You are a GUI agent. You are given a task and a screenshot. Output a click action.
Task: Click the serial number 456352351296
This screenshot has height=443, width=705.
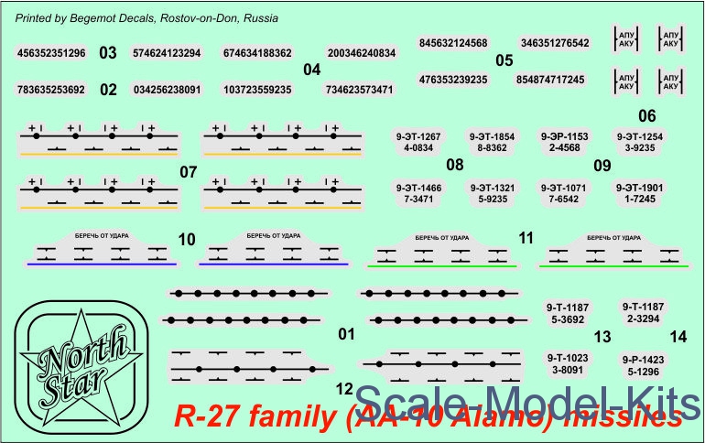[52, 53]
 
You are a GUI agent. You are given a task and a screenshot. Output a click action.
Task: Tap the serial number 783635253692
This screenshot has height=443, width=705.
[52, 90]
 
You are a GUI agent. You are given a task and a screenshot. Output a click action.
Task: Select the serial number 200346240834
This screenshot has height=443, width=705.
[361, 53]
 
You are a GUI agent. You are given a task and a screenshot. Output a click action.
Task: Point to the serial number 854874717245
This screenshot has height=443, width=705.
[549, 81]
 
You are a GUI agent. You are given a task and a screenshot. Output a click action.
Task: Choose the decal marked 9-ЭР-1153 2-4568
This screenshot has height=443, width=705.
[563, 142]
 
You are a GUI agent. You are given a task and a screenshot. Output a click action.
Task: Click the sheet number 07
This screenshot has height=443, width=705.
[190, 171]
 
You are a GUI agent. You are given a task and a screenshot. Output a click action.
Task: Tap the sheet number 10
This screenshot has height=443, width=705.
[187, 240]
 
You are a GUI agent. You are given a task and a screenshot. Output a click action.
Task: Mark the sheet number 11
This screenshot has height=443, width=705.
[526, 238]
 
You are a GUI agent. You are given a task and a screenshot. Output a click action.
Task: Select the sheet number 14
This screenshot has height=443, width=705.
[678, 336]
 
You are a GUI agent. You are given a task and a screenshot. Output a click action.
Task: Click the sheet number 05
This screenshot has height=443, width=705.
[504, 61]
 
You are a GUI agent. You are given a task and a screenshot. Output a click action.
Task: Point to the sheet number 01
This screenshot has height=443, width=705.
[345, 335]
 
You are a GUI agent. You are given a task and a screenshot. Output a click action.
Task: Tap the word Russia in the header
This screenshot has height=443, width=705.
[261, 18]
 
